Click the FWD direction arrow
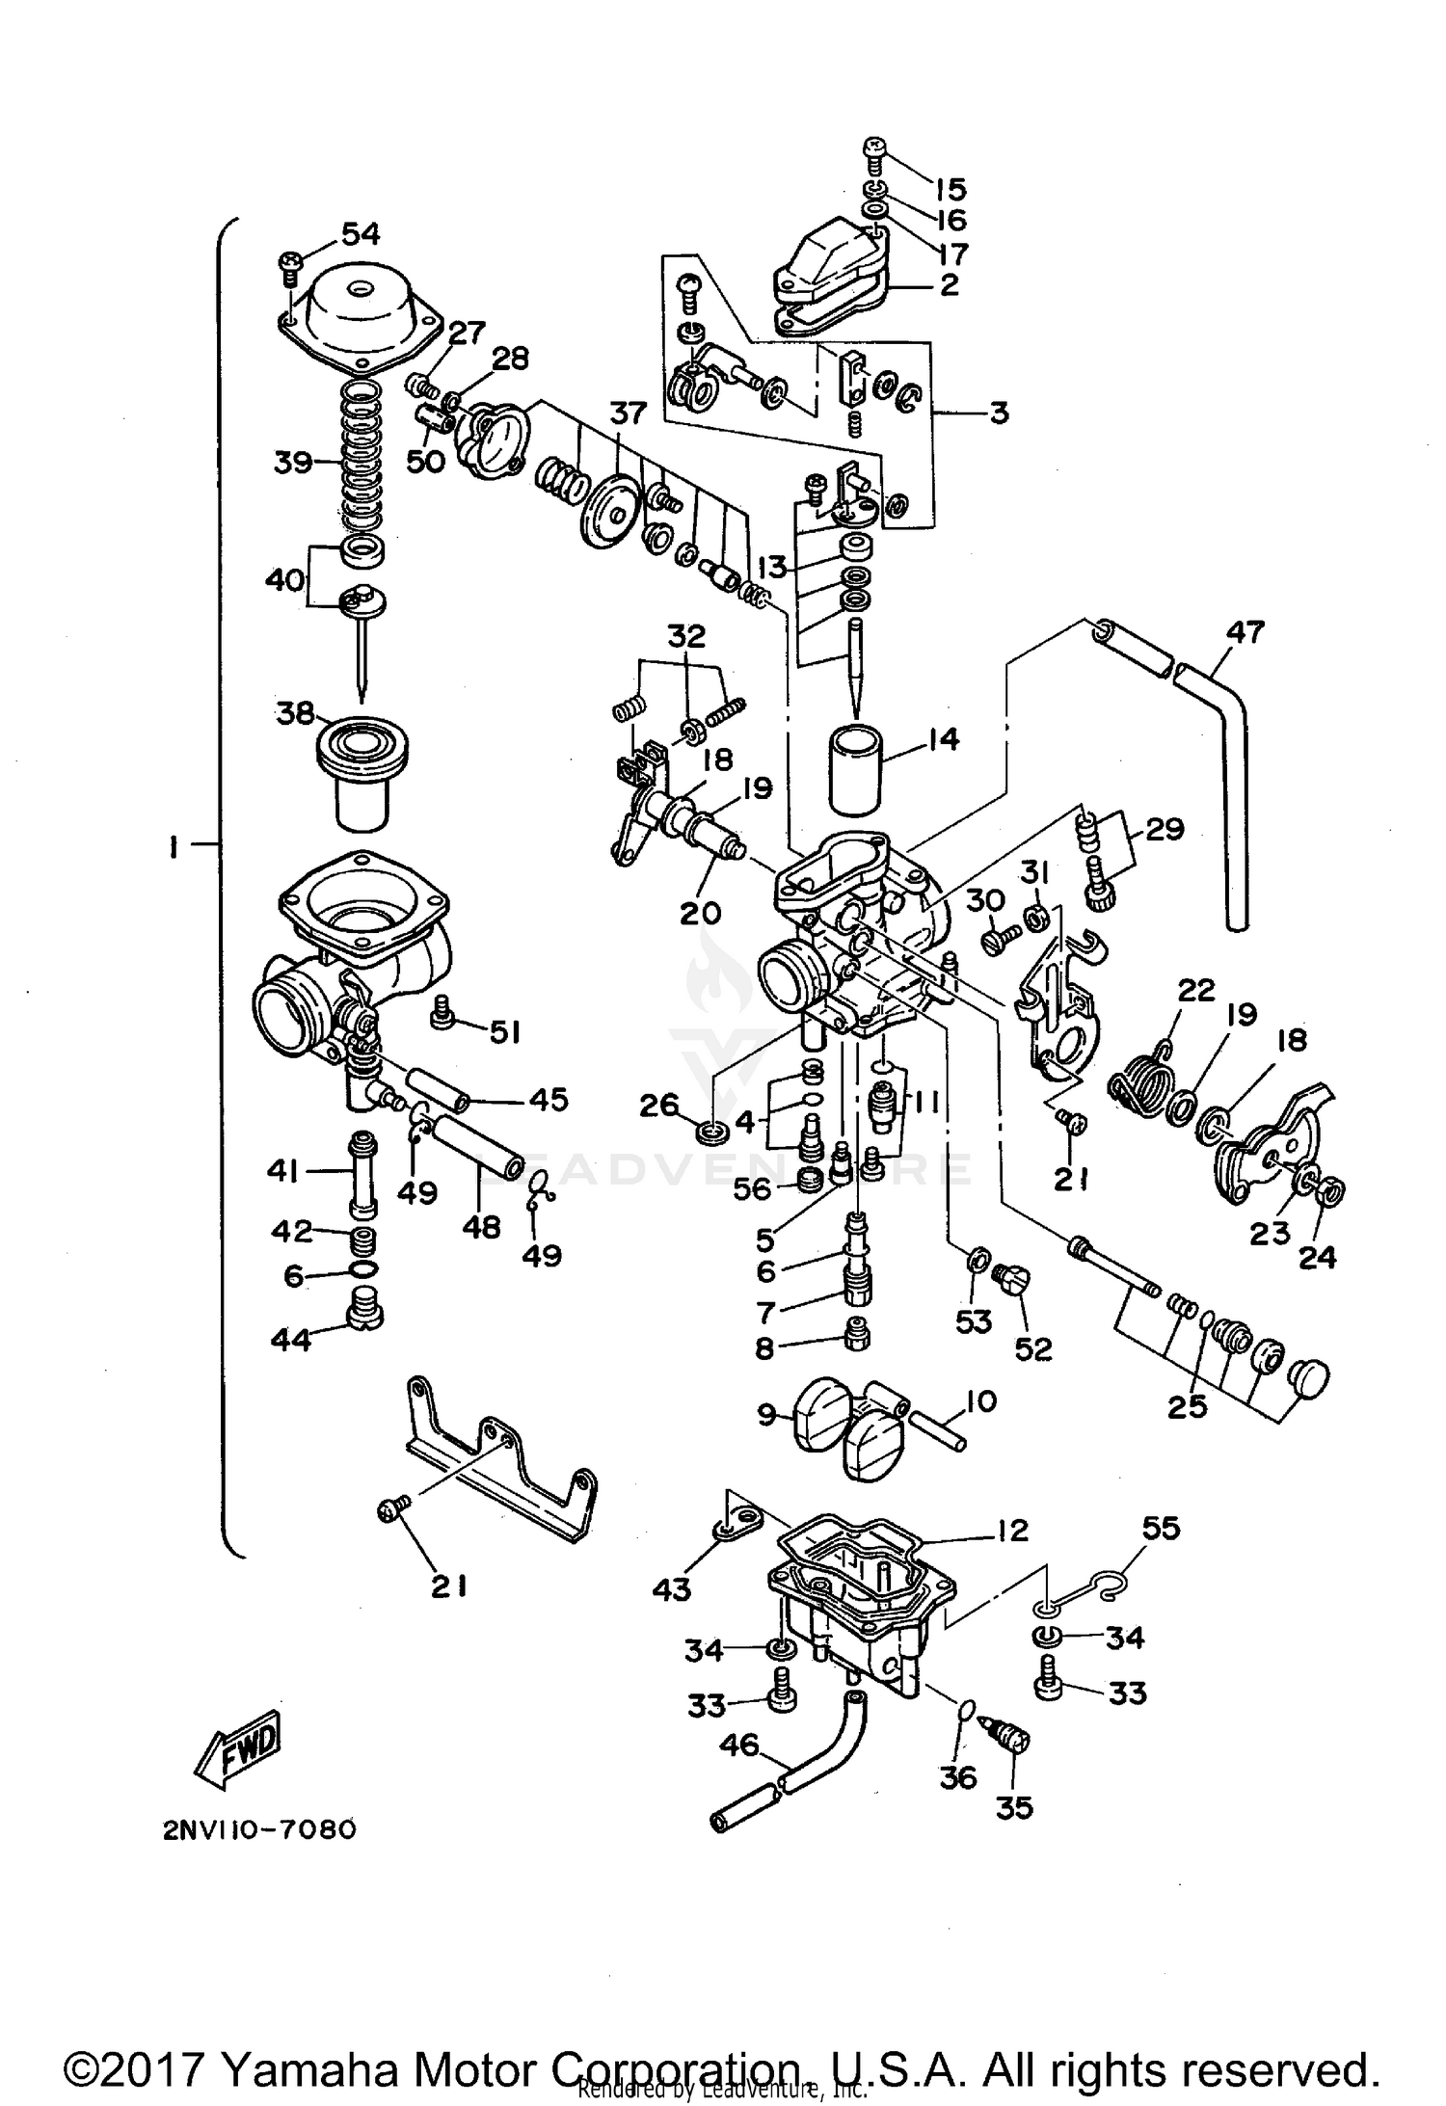tap(238, 1745)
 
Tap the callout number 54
tap(361, 234)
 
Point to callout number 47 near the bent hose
tap(1245, 632)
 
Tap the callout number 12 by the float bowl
tap(1012, 1530)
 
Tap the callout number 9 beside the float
tap(766, 1415)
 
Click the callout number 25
tap(1187, 1406)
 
